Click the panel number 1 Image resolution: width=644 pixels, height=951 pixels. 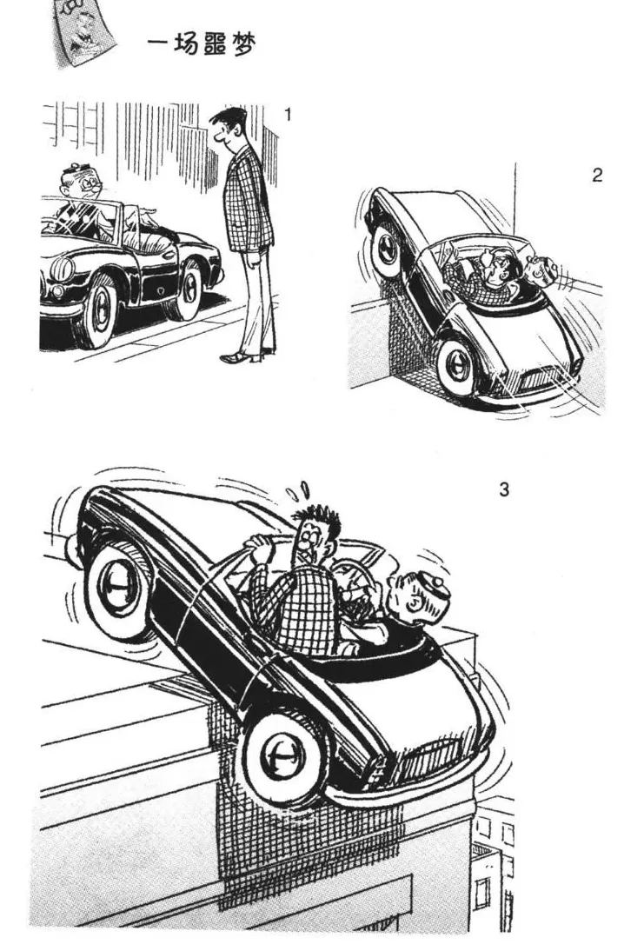288,113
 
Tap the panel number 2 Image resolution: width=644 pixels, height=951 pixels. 597,176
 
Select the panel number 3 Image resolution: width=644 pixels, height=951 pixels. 504,489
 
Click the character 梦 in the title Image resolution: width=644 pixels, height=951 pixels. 242,45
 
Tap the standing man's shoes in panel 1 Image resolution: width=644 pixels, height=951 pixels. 242,356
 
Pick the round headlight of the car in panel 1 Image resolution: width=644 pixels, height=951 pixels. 63,269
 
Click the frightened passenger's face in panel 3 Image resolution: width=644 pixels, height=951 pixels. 313,536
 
